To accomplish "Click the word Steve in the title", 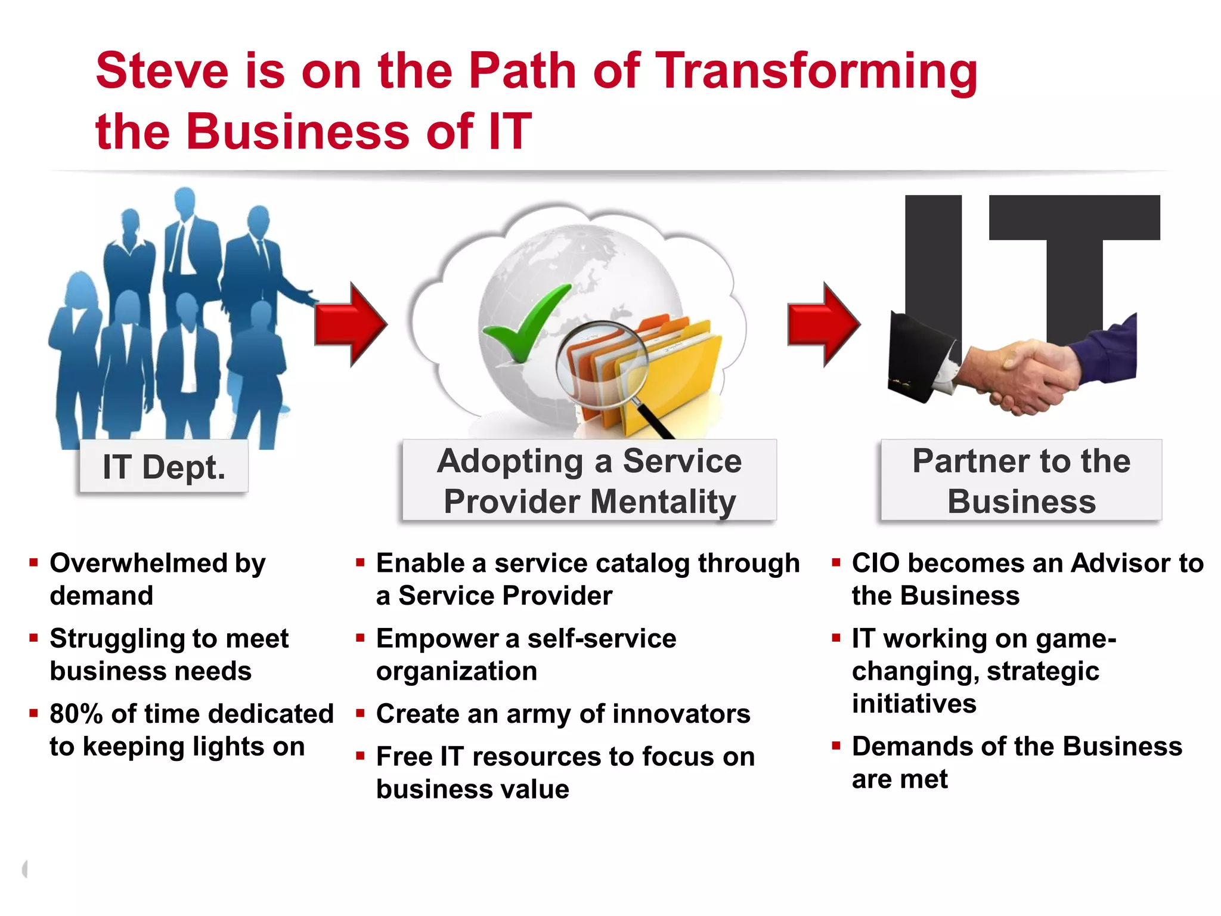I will point(162,71).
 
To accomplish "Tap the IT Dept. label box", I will point(164,466).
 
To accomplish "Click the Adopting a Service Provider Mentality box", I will point(589,481).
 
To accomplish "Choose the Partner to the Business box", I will point(1021,481).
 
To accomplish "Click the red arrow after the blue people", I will point(352,324).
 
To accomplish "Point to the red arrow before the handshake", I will point(824,324).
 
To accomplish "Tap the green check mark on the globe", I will point(525,322).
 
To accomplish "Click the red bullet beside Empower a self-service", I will point(360,638).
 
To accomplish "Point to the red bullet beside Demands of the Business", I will point(836,745).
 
